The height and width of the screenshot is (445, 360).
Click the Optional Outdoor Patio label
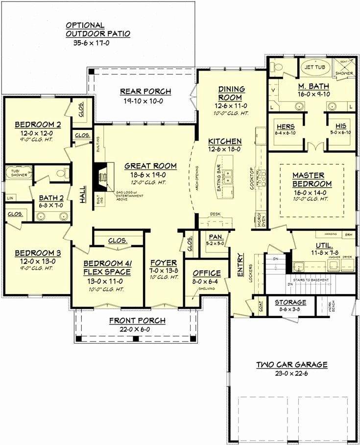click(98, 29)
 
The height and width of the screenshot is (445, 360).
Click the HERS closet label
click(286, 126)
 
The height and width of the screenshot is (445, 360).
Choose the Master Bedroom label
click(312, 179)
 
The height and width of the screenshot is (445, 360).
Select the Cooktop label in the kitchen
click(252, 177)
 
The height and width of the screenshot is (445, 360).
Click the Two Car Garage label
click(292, 365)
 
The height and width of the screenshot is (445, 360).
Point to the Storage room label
click(290, 302)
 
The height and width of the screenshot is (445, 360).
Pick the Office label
click(206, 273)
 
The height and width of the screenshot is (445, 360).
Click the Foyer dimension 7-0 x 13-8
click(163, 272)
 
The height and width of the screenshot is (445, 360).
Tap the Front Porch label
click(137, 321)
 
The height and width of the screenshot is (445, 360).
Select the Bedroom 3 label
click(37, 253)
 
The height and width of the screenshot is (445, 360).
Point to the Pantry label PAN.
click(216, 236)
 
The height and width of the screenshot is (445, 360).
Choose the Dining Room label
click(231, 93)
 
